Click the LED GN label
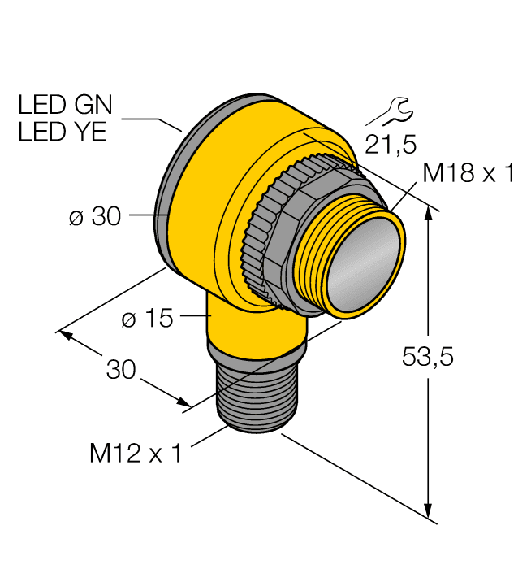[67, 106]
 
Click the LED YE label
[63, 132]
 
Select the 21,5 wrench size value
[390, 145]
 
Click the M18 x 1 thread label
[468, 173]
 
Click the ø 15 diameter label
[147, 319]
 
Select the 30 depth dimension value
[122, 370]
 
